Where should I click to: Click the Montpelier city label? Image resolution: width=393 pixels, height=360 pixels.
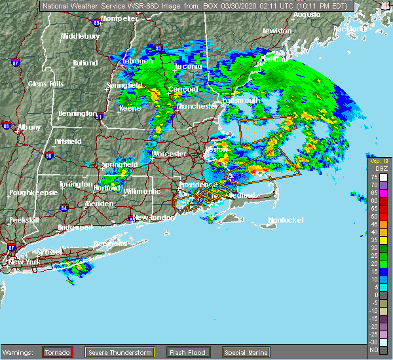tap(119, 18)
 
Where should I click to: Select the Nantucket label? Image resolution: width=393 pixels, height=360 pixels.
tap(286, 220)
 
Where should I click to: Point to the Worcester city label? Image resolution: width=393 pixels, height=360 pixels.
tap(170, 154)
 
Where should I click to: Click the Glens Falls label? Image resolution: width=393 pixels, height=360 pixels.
tap(46, 84)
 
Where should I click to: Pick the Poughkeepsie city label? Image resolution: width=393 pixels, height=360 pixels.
tap(30, 193)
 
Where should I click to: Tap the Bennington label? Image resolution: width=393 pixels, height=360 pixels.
tap(78, 113)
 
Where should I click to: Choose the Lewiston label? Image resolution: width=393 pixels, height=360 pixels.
tap(276, 31)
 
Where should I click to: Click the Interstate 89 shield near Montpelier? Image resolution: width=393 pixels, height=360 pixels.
tap(97, 23)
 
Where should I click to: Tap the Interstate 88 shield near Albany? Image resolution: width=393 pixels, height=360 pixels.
tap(7, 126)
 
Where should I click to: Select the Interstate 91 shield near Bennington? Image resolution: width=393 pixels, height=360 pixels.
tap(100, 117)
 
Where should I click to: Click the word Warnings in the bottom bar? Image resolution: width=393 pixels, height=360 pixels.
tap(20, 352)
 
